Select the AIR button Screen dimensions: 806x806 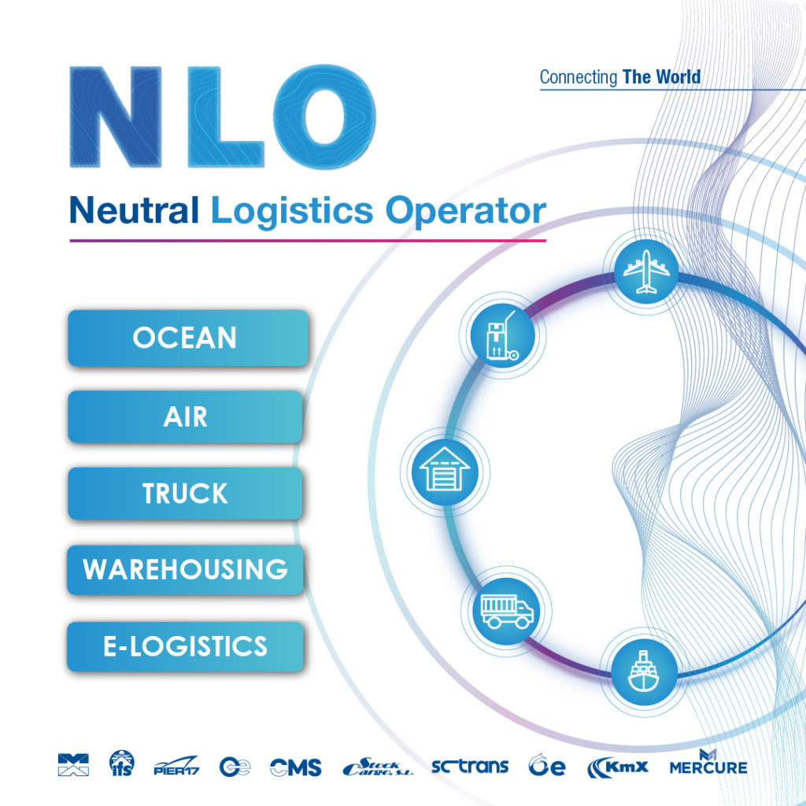pyautogui.click(x=186, y=416)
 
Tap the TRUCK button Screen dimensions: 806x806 pyautogui.click(x=186, y=494)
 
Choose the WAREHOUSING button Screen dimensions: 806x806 pyautogui.click(x=186, y=569)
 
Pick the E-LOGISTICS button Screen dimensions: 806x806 pyautogui.click(x=186, y=646)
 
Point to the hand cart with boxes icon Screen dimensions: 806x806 pyautogui.click(x=502, y=337)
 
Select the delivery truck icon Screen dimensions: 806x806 pyautogui.click(x=506, y=610)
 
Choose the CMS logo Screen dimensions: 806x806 pyautogui.click(x=295, y=767)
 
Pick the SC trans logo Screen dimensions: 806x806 pyautogui.click(x=470, y=765)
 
